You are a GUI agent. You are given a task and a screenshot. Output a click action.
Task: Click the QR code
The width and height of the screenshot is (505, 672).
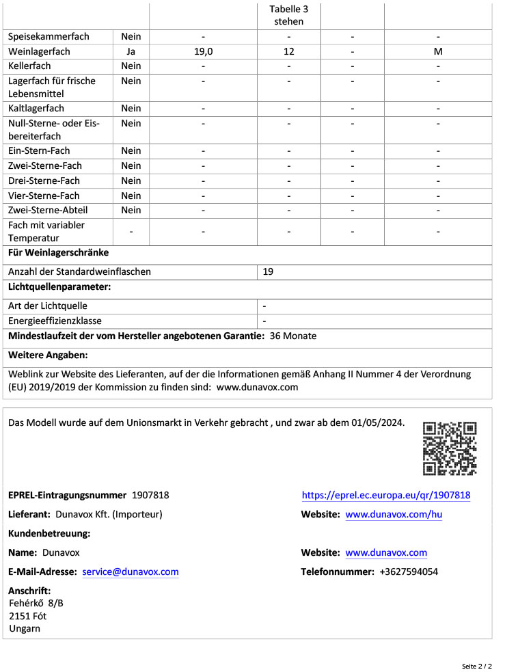[450, 448]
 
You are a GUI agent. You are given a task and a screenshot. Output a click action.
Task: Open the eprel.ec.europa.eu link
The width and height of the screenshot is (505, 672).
[385, 495]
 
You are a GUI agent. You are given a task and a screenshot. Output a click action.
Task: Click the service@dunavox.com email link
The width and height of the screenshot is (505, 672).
[131, 572]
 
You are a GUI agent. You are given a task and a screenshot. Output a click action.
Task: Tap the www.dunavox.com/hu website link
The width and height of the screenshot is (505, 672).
[394, 514]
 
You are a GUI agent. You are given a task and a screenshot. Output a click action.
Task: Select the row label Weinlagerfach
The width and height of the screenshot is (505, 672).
[39, 51]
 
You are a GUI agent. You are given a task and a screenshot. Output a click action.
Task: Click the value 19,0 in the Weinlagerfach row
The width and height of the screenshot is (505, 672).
[203, 51]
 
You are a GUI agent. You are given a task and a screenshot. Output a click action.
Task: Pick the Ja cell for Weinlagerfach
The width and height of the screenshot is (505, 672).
[131, 51]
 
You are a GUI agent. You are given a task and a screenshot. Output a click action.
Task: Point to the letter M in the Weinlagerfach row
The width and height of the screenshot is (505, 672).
[438, 51]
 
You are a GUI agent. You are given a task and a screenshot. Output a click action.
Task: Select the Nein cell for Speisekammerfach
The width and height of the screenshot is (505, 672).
[131, 36]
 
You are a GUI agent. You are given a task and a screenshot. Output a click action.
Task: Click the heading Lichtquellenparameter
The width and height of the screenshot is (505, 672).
[59, 287]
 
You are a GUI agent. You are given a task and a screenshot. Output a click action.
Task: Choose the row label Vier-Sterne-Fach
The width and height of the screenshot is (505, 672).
[44, 196]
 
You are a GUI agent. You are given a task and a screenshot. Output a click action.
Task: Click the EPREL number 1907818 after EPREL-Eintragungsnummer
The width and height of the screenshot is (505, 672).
[150, 495]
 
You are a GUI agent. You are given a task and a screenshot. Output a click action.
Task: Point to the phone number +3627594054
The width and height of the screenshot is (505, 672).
[409, 572]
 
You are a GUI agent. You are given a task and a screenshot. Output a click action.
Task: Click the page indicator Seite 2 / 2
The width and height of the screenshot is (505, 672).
[476, 665]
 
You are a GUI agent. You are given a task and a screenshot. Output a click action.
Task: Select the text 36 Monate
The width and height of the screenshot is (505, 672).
[293, 336]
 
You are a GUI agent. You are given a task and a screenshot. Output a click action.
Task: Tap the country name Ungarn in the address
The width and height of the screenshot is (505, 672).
[25, 628]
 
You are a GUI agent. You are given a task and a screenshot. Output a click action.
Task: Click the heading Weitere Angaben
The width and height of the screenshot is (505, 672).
[48, 355]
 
